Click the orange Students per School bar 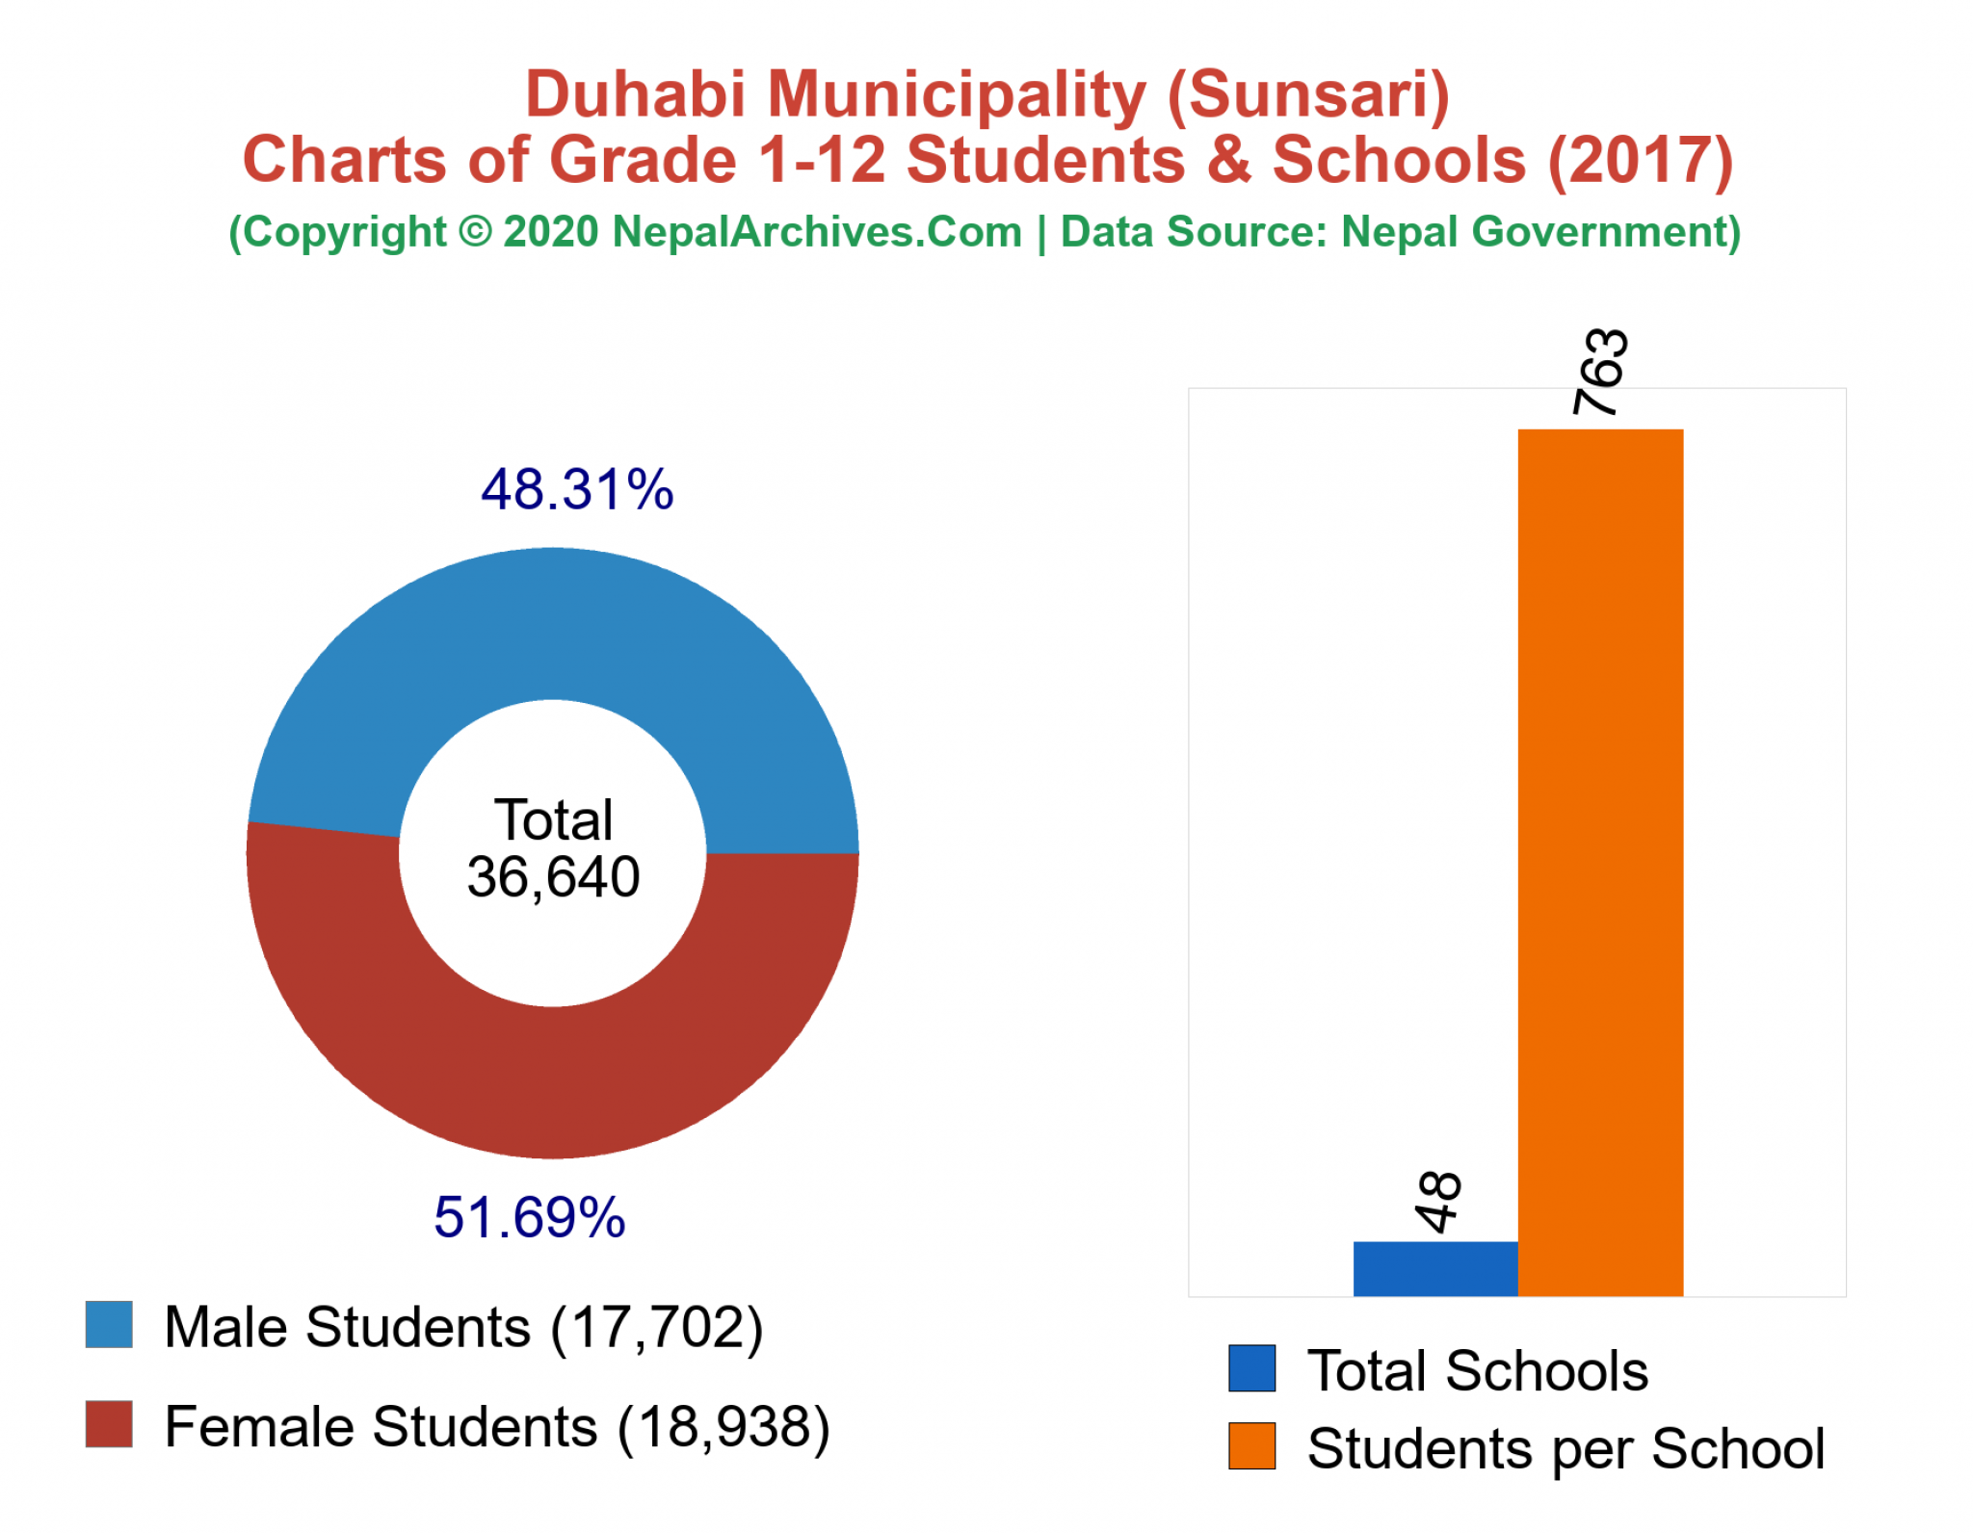[1599, 862]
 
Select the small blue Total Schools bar [1434, 1268]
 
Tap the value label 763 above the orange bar [1600, 372]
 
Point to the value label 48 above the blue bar [1439, 1202]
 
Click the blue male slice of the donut [553, 624]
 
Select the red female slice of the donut [553, 1083]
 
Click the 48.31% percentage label [577, 489]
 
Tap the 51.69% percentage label [529, 1217]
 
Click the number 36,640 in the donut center [553, 877]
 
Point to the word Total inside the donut [553, 820]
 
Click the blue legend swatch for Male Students [109, 1325]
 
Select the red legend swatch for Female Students [109, 1424]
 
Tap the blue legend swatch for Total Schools [1251, 1368]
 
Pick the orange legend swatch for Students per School [1251, 1446]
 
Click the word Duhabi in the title [636, 95]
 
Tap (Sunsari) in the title [1307, 95]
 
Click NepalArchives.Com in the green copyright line [817, 233]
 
